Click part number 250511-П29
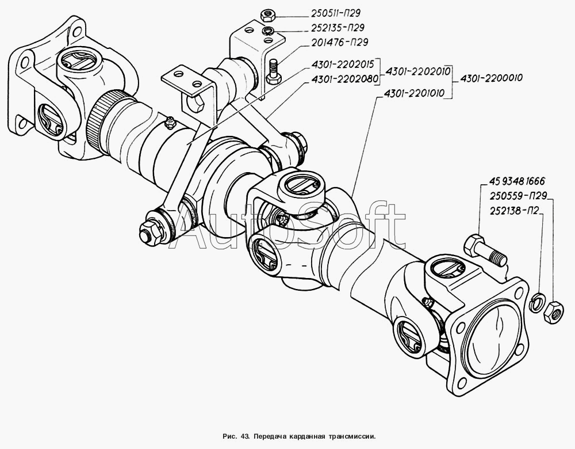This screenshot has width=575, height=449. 335,14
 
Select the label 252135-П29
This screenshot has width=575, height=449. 338,28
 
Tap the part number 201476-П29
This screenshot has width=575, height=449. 340,42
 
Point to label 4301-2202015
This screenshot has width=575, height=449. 343,64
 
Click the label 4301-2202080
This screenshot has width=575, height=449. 343,79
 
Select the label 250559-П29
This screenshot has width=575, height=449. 518,196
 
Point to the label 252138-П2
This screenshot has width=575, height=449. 515,211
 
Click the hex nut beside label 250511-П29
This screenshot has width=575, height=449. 265,16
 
